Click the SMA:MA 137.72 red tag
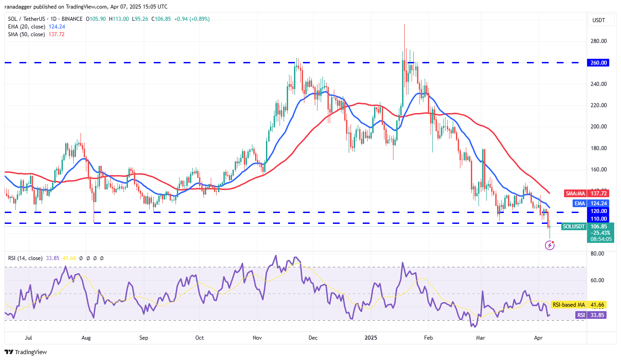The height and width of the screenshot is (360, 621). tap(587, 193)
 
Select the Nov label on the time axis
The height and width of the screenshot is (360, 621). tap(257, 337)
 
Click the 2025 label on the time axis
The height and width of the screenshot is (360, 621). tap(371, 337)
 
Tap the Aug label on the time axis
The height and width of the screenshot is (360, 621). tap(86, 337)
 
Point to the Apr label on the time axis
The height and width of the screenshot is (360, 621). tap(538, 337)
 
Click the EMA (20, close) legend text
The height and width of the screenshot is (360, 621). tap(26, 27)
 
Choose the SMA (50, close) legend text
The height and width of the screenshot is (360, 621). tap(26, 34)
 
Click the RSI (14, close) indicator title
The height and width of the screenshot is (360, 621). tap(25, 258)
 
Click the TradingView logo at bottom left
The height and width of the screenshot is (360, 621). tap(26, 352)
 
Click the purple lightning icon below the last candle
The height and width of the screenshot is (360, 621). tap(550, 245)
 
